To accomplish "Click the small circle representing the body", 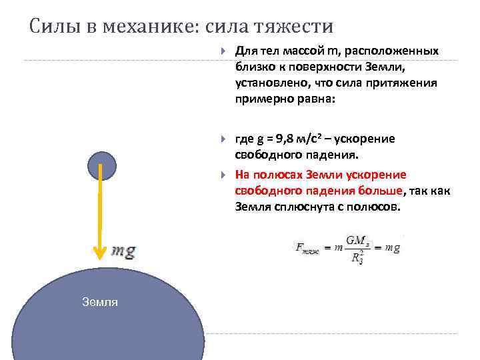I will pyautogui.click(x=101, y=165).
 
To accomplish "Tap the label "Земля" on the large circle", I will pyautogui.click(x=100, y=302).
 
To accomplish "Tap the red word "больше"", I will pyautogui.click(x=381, y=191).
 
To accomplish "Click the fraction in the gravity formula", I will pyautogui.click(x=359, y=248).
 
